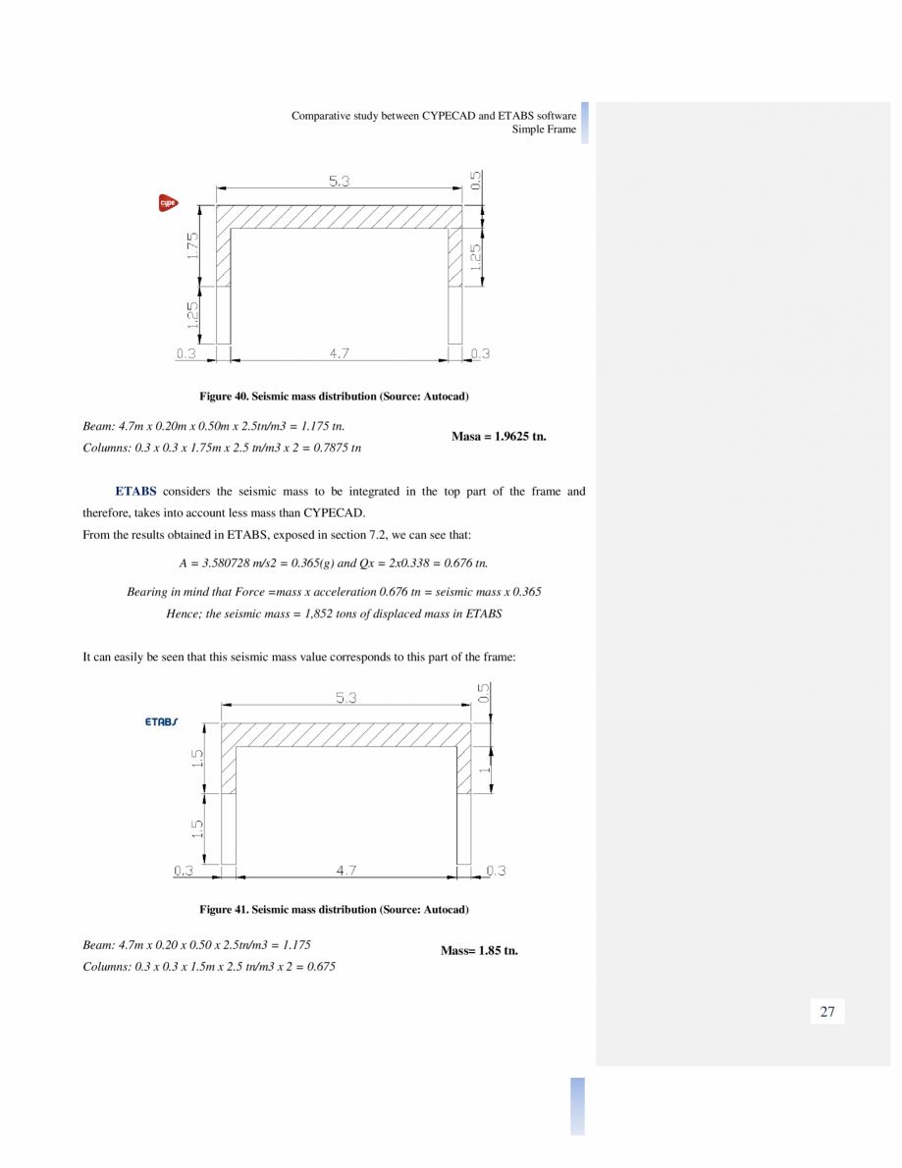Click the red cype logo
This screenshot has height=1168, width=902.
[168, 203]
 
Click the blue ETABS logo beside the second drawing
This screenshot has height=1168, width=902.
[162, 721]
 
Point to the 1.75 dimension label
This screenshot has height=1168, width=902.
[193, 245]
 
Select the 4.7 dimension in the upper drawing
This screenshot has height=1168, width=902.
[339, 353]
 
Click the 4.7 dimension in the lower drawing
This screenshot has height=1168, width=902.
[345, 871]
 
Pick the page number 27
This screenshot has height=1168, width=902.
[826, 1012]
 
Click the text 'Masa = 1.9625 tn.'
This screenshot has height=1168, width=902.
[499, 436]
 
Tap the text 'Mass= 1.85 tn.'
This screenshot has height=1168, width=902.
[479, 950]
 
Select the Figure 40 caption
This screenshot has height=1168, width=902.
[334, 396]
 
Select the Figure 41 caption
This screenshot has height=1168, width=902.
[334, 910]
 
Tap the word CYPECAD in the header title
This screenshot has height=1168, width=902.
[449, 115]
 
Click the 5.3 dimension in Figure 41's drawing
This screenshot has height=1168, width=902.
[346, 698]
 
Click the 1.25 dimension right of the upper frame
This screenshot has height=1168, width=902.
[476, 257]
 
